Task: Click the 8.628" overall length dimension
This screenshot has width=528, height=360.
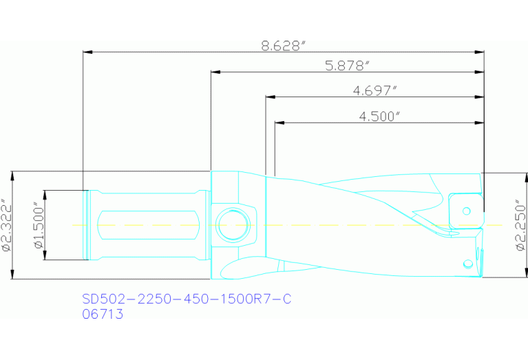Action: (283, 45)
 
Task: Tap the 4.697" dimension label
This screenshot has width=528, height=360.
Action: (375, 91)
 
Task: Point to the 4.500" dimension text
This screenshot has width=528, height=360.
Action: (379, 116)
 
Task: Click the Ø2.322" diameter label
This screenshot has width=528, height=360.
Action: (6, 225)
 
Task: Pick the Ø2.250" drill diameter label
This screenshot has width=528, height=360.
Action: (520, 225)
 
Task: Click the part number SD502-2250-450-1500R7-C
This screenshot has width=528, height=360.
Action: (187, 299)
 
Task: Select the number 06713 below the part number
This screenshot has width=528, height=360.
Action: (103, 315)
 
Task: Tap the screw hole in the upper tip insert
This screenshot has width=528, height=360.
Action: (466, 211)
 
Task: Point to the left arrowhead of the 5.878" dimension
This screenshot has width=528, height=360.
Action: (214, 72)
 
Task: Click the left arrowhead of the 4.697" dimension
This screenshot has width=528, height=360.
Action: (269, 97)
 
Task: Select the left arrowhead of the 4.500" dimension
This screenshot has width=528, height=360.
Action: (278, 123)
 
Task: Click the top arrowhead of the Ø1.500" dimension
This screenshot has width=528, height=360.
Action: (45, 193)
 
